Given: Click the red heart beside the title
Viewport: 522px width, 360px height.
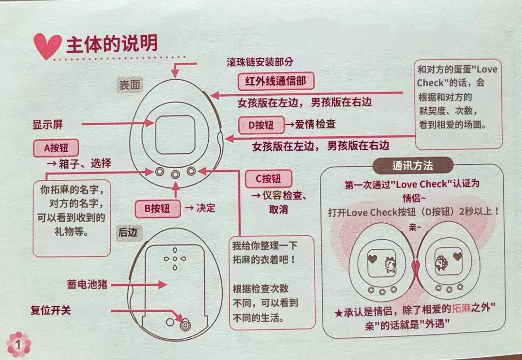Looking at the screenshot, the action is [x=47, y=46].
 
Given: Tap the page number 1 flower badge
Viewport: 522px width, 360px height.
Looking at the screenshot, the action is [x=18, y=345].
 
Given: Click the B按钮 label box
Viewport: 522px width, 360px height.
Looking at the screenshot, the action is [x=157, y=208].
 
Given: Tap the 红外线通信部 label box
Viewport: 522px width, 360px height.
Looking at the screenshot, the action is [x=276, y=81].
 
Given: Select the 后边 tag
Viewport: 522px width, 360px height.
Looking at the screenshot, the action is [x=128, y=232].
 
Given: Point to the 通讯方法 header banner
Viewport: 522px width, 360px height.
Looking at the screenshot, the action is [x=412, y=166].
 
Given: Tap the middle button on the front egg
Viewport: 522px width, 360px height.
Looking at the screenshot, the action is [x=175, y=173].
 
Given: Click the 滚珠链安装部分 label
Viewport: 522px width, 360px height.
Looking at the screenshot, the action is [x=260, y=62].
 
